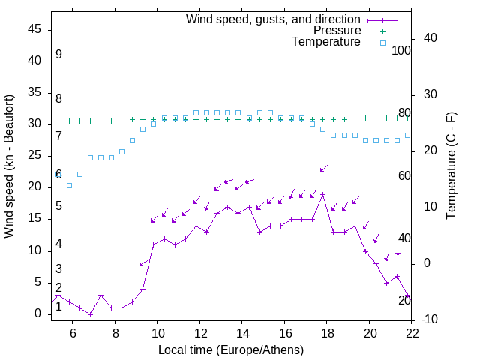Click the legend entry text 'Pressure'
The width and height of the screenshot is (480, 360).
click(x=337, y=31)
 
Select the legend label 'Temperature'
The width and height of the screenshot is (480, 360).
click(x=326, y=42)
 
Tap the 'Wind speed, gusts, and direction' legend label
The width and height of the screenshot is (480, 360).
click(x=274, y=19)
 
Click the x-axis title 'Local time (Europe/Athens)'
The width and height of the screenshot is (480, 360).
click(x=231, y=349)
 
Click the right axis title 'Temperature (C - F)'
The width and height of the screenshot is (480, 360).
click(x=451, y=166)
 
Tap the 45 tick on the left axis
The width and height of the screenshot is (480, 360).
click(x=34, y=28)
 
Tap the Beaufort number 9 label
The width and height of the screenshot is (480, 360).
click(x=58, y=55)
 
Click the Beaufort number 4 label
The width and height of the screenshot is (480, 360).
click(x=58, y=244)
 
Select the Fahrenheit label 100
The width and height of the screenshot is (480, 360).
click(x=402, y=50)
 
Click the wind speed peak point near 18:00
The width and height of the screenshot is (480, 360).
click(x=322, y=195)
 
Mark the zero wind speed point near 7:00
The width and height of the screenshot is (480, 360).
click(x=90, y=314)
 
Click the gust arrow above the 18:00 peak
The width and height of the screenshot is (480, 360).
click(x=323, y=169)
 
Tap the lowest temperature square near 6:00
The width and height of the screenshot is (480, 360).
click(x=69, y=185)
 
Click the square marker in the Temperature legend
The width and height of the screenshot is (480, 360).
click(x=382, y=43)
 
